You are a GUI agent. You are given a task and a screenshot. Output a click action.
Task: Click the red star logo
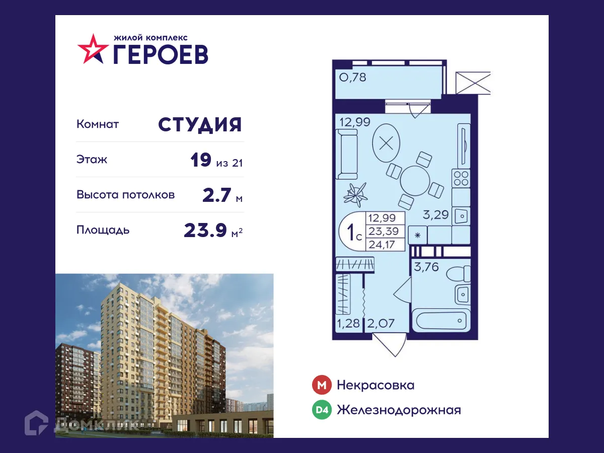93,49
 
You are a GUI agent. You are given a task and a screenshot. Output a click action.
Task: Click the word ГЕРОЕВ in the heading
160,53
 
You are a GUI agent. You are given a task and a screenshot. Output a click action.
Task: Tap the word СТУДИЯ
200,124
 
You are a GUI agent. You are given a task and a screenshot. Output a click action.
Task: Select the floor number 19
201,161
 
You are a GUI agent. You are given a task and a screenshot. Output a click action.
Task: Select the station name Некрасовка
375,386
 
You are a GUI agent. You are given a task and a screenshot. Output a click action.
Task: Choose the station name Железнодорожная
399,410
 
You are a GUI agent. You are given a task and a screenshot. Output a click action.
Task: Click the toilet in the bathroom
459,274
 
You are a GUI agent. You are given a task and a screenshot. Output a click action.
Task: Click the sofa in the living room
346,154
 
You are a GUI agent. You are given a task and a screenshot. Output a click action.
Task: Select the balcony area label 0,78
352,78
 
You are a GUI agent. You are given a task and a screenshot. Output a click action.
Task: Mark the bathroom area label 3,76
426,267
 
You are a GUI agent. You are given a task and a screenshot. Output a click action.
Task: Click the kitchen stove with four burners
461,178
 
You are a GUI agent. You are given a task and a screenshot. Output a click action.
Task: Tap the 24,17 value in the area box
381,245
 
